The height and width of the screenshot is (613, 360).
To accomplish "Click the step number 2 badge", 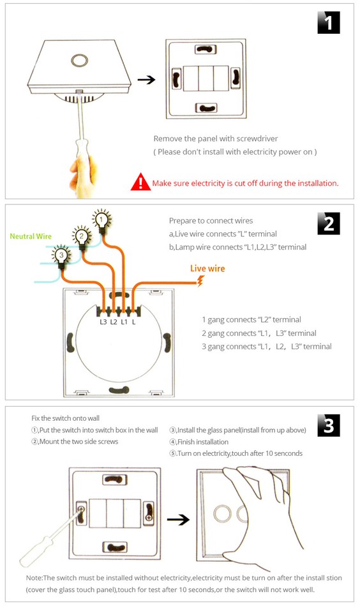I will (328, 223).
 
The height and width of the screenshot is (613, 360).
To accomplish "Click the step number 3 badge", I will (328, 425).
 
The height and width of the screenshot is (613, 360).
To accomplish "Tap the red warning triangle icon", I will (140, 183).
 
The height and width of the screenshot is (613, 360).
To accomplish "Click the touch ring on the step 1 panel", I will (80, 59).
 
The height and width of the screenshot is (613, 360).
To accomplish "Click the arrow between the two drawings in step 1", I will (147, 80).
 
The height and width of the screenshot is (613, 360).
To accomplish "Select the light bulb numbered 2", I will (80, 236).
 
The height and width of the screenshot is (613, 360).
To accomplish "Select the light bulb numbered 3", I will (61, 255).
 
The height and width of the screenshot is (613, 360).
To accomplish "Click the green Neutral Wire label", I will (31, 236).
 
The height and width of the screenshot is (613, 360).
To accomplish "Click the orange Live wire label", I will (207, 269).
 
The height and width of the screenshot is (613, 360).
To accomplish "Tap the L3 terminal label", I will (103, 322).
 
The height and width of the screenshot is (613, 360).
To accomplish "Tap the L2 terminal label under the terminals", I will (114, 322).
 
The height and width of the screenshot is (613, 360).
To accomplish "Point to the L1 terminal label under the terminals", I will (124, 322).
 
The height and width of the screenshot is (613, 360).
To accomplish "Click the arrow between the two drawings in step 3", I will (178, 520).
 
